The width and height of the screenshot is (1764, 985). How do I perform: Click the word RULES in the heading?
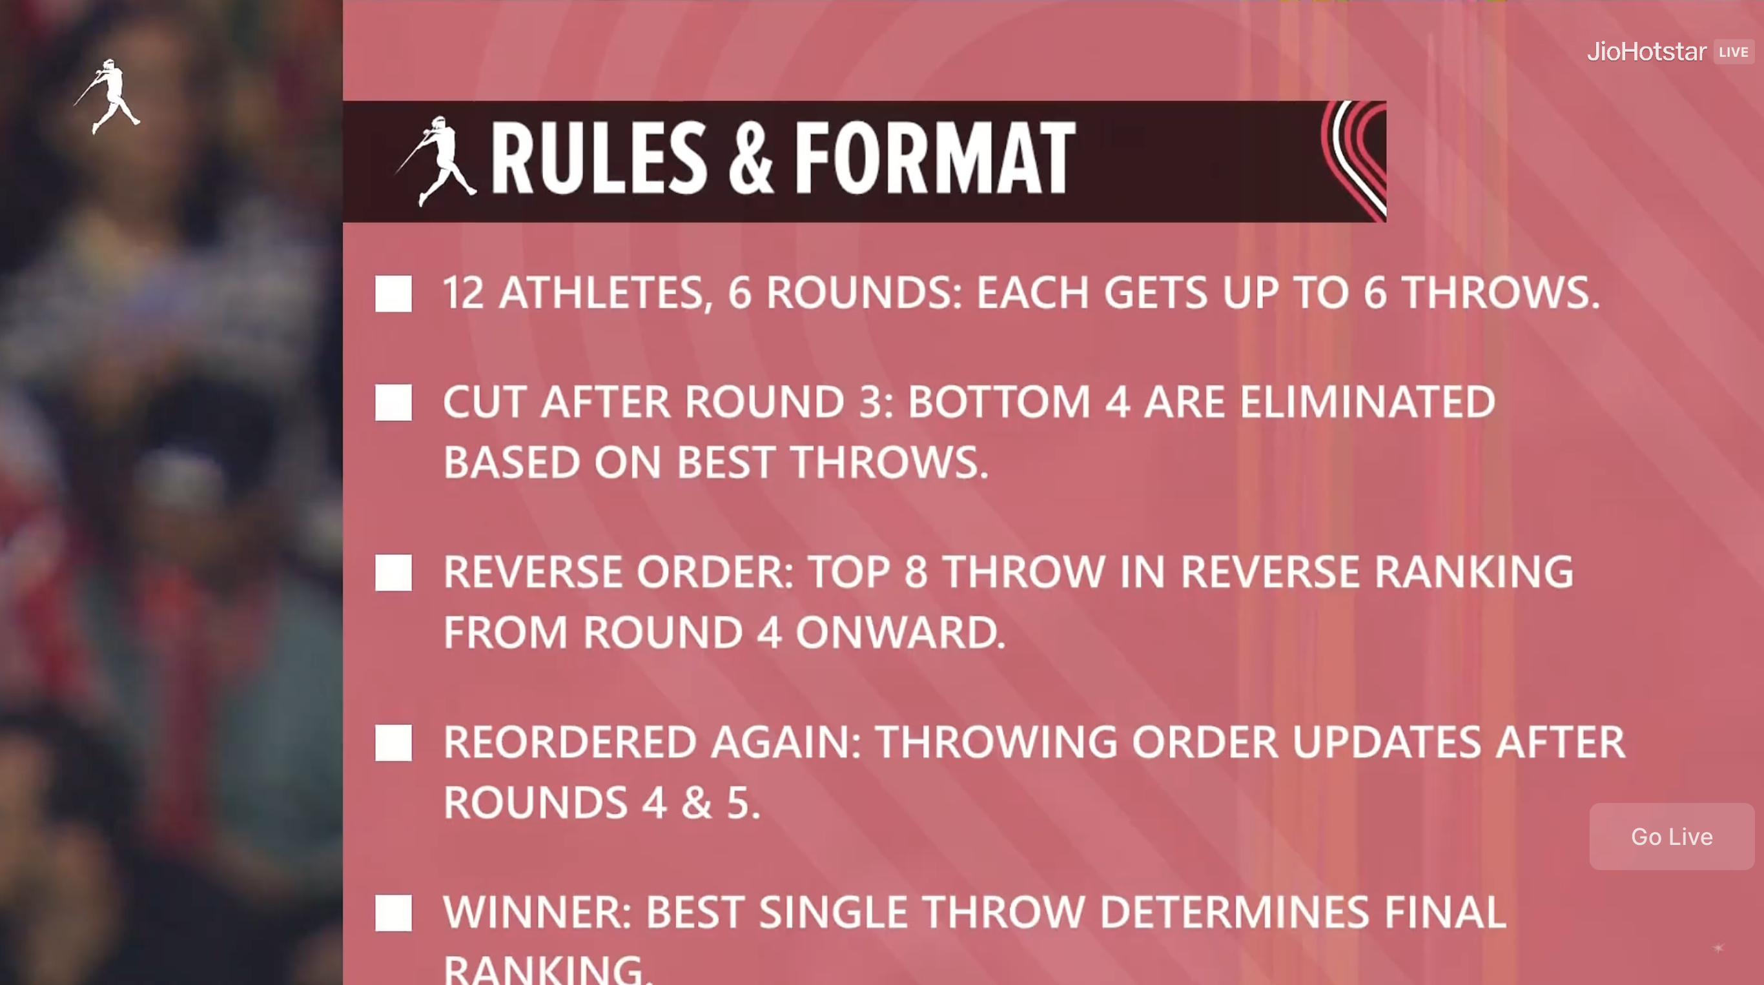(x=599, y=158)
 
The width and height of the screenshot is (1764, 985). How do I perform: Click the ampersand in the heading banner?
(x=750, y=158)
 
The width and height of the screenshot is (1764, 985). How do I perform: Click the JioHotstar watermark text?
(x=1646, y=52)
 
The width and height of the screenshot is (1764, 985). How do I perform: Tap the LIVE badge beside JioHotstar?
(x=1733, y=52)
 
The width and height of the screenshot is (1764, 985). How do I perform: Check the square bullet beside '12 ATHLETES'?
(x=394, y=294)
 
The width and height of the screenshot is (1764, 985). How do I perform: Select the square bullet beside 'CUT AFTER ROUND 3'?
(x=394, y=401)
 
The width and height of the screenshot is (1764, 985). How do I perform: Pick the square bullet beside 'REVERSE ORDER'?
(x=394, y=573)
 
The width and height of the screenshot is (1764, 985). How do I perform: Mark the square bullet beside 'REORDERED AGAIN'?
(x=394, y=743)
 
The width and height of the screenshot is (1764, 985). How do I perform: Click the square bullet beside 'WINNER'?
(x=394, y=913)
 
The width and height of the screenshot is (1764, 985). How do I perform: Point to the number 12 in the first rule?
(x=464, y=293)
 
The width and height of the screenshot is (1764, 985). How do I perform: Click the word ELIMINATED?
(x=1368, y=401)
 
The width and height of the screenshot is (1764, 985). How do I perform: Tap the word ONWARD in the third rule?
(x=901, y=632)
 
